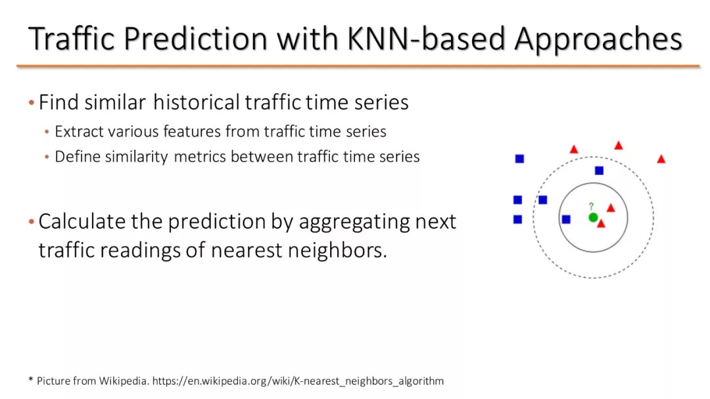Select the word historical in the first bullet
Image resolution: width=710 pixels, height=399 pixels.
tap(197, 102)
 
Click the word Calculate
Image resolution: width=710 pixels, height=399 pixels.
tap(82, 222)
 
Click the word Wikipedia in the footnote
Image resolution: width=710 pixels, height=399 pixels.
tap(124, 381)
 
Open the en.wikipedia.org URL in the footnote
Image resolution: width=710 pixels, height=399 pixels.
tap(298, 381)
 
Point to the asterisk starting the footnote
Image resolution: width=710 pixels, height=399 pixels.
tap(31, 379)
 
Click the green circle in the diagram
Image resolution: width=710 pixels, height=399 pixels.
tap(593, 218)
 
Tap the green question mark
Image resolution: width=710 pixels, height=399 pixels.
tap(591, 206)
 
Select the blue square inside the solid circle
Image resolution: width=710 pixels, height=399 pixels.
tap(566, 219)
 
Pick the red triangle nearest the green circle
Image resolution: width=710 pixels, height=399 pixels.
tap(601, 223)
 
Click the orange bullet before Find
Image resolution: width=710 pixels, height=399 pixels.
tap(32, 103)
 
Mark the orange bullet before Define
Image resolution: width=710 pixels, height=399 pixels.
tap(47, 157)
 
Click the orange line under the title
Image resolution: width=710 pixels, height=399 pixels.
tap(358, 66)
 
